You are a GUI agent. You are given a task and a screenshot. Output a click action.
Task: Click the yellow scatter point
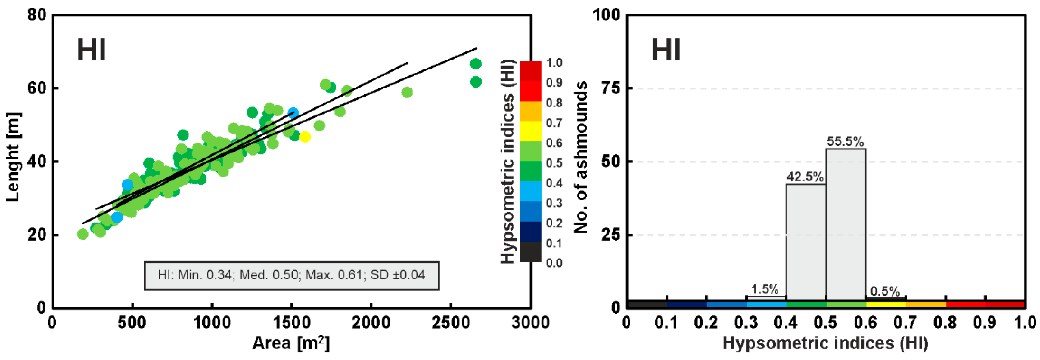[305, 137]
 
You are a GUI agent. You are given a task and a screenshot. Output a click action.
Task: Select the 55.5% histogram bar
[846, 224]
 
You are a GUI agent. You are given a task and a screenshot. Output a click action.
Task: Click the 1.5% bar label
[764, 289]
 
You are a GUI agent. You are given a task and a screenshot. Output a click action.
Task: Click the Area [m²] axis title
[291, 343]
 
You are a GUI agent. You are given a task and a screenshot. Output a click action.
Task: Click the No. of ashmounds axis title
[581, 157]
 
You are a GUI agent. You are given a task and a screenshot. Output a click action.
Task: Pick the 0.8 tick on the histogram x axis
[945, 323]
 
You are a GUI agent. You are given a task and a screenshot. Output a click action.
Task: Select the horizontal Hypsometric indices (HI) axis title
[825, 343]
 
